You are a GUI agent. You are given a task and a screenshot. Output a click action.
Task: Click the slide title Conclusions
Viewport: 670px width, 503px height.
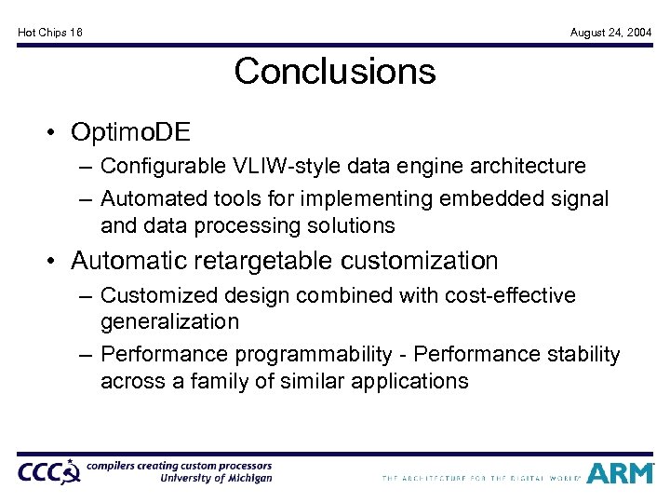(x=335, y=72)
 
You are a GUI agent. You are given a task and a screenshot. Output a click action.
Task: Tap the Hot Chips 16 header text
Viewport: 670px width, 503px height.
(x=50, y=33)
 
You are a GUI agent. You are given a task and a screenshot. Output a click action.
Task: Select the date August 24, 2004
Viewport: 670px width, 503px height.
(x=610, y=33)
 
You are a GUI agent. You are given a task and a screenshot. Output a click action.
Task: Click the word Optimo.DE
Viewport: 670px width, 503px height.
(x=130, y=132)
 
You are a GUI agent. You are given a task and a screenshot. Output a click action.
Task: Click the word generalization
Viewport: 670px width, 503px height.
(x=169, y=321)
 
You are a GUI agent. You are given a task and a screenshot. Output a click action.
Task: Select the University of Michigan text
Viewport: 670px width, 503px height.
(x=216, y=479)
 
